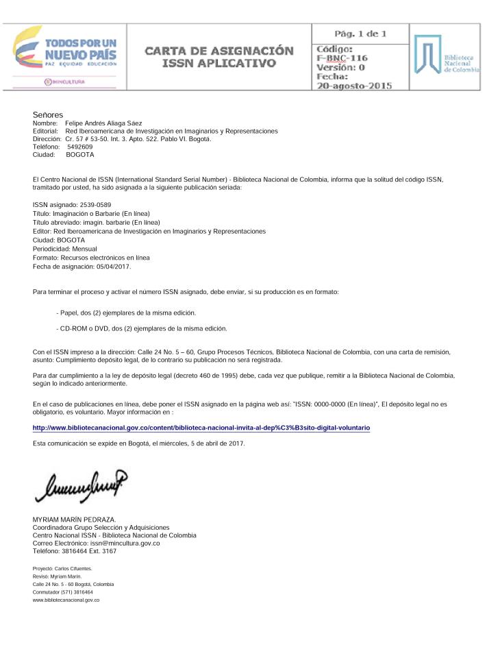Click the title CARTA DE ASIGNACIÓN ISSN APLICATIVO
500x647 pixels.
click(x=218, y=58)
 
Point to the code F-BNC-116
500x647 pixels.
click(x=342, y=58)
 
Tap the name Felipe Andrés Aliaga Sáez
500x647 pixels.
click(x=103, y=123)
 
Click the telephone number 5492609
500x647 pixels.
click(x=80, y=147)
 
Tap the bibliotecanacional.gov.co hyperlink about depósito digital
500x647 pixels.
click(x=201, y=427)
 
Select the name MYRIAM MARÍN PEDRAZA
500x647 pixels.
click(x=75, y=520)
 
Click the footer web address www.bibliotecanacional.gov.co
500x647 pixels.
click(x=66, y=600)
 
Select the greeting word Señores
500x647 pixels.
click(x=48, y=114)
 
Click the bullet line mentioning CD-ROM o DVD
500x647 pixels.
click(x=142, y=328)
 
